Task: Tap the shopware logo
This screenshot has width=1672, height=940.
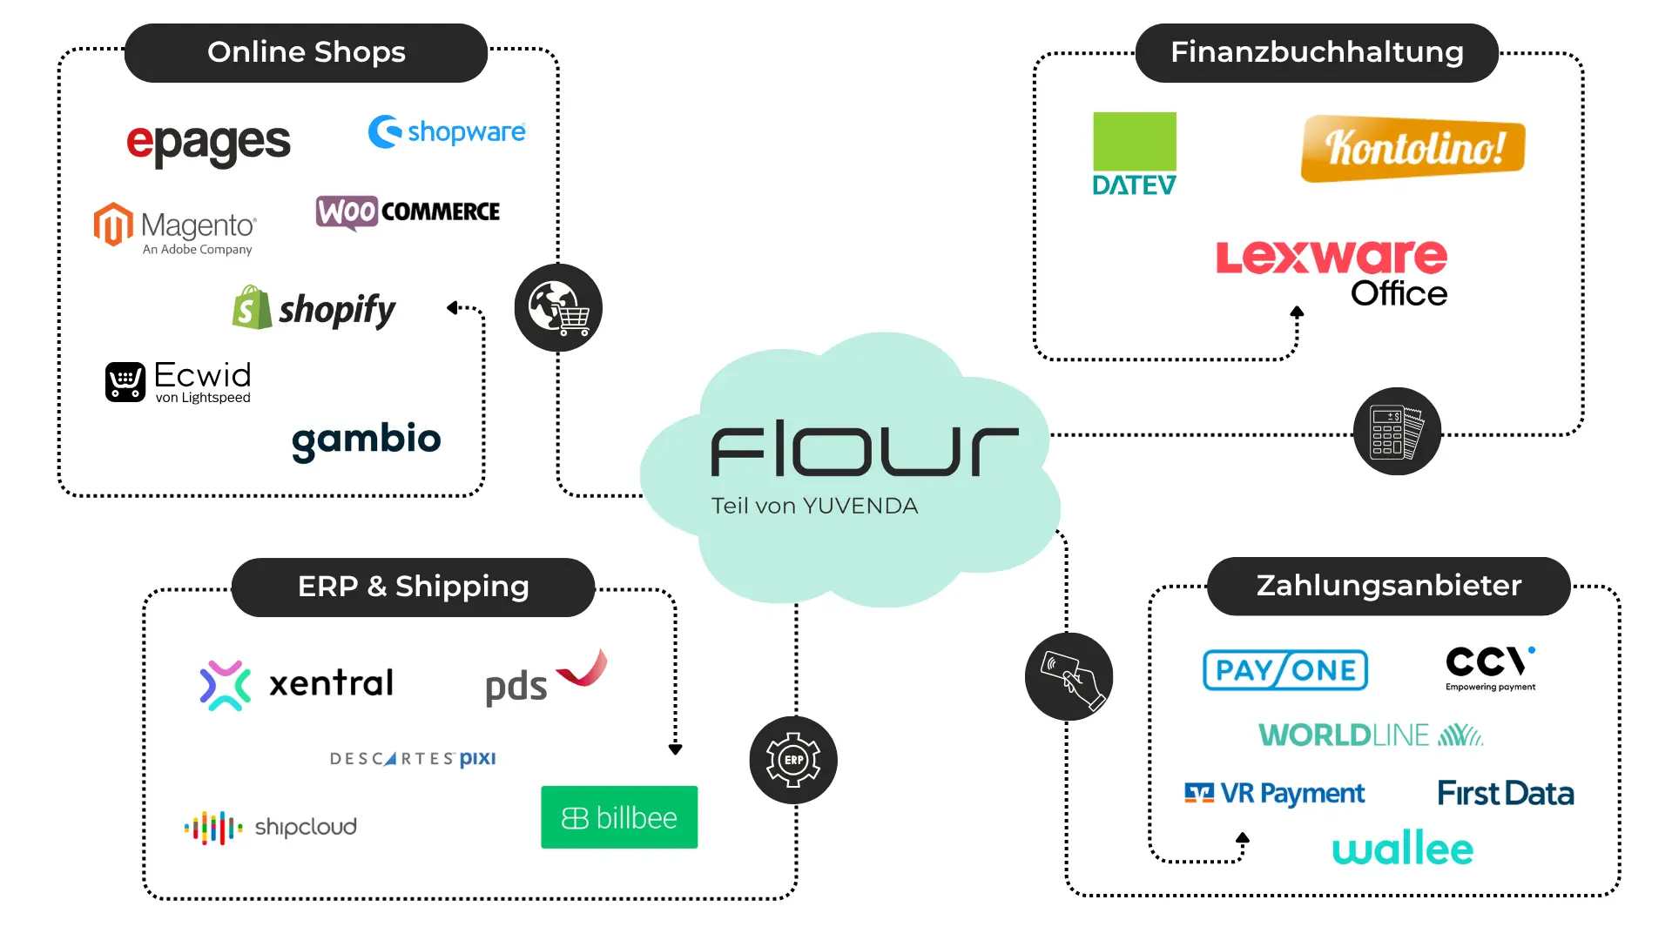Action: tap(447, 132)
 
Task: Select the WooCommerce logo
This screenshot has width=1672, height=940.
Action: tap(408, 211)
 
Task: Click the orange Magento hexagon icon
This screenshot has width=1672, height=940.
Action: tap(113, 225)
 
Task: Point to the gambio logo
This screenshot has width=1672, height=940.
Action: tap(366, 440)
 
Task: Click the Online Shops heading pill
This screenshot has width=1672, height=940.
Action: tap(306, 53)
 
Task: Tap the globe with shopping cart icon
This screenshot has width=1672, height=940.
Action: tap(558, 308)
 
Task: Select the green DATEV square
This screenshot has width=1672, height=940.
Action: tap(1134, 142)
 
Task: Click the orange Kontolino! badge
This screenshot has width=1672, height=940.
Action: tap(1412, 148)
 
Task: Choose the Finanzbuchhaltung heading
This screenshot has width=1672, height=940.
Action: tap(1317, 53)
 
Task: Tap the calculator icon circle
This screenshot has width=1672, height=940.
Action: tap(1397, 432)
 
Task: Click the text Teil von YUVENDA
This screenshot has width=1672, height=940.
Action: tap(814, 506)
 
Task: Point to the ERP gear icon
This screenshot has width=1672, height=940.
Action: tap(793, 760)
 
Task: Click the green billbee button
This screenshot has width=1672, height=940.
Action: tap(619, 817)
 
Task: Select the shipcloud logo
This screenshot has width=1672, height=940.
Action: tap(271, 827)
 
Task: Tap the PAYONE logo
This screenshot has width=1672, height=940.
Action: tap(1284, 670)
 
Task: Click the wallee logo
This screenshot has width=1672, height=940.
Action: tap(1402, 849)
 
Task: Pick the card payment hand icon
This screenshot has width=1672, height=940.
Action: tap(1069, 677)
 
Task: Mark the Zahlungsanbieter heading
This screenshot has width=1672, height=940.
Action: tap(1388, 586)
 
